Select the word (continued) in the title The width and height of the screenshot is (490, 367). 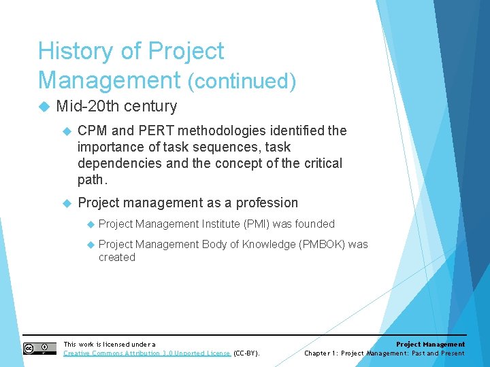(242, 82)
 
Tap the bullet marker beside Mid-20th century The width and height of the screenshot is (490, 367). (45, 107)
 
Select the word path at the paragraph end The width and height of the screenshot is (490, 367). (91, 179)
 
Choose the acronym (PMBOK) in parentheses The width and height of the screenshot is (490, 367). (322, 244)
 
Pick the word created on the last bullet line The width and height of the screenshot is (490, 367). (116, 257)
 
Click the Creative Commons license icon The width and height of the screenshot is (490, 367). (39, 349)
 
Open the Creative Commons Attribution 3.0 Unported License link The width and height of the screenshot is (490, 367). (147, 353)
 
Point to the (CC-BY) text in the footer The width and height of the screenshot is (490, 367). (246, 353)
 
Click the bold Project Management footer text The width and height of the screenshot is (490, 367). (430, 345)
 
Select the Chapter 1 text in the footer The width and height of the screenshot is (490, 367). (320, 353)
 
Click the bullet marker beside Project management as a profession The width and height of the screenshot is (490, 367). (67, 203)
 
